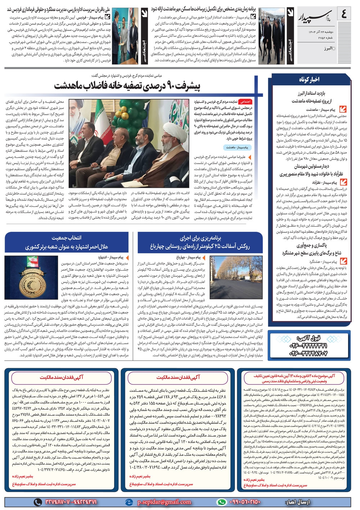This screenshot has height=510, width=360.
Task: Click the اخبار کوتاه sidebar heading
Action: tap(309, 80)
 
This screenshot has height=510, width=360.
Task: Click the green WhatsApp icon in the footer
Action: tap(221, 502)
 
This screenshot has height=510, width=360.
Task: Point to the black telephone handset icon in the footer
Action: tap(37, 502)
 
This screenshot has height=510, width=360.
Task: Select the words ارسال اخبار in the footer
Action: tap(297, 502)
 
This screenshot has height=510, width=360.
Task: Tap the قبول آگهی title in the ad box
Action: tap(308, 338)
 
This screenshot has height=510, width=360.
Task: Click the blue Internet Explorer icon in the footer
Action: tap(129, 502)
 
